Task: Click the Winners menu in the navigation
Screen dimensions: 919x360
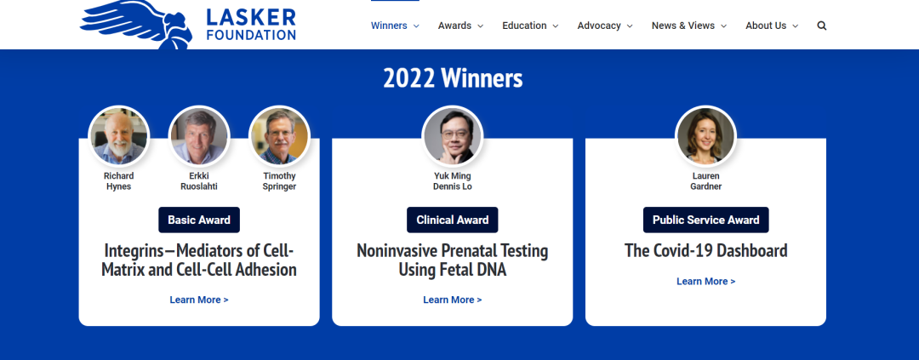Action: tap(395, 26)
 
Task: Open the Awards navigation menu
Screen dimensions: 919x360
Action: tap(460, 26)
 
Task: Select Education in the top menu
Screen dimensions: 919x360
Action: tap(530, 26)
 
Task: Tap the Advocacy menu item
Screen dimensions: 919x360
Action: tap(605, 26)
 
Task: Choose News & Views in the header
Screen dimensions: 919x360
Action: tap(688, 26)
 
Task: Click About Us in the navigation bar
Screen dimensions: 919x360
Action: tap(771, 26)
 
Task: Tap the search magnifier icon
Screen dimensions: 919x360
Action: tap(822, 26)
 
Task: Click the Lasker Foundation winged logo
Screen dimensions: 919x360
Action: tap(187, 24)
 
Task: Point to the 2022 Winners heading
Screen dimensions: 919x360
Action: tap(453, 78)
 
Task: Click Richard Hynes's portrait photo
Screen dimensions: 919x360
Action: tap(119, 136)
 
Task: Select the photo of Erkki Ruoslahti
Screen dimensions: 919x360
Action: tap(198, 136)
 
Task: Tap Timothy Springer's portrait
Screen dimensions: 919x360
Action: tap(279, 136)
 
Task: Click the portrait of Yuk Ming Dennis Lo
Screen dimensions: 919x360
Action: tap(453, 136)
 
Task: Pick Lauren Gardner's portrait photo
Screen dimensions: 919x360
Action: tap(705, 136)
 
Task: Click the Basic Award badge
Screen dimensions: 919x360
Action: tap(199, 220)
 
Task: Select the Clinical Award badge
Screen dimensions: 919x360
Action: tap(453, 220)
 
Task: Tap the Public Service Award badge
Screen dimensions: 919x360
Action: tap(705, 220)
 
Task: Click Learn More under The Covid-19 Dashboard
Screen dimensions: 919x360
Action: tap(705, 282)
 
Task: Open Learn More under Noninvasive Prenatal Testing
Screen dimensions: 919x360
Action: tap(453, 300)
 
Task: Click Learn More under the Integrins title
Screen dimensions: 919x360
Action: tap(199, 300)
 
